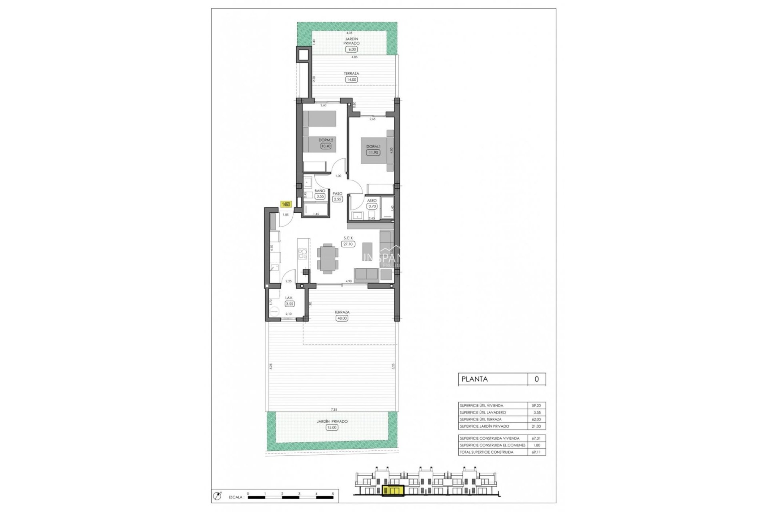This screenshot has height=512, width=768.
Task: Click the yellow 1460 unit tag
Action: (286, 204)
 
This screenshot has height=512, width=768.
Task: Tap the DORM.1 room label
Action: (373, 146)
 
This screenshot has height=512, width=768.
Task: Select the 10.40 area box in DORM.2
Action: (326, 146)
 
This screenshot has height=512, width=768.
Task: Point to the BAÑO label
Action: (320, 191)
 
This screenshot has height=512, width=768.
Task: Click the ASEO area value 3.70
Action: (372, 206)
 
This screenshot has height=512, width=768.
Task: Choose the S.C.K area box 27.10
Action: (348, 244)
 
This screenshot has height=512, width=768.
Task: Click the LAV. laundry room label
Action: (289, 298)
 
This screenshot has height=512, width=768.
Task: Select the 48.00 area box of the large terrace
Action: (342, 318)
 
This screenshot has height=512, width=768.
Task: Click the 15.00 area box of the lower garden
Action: (332, 427)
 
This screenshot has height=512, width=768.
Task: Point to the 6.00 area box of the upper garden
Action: (352, 49)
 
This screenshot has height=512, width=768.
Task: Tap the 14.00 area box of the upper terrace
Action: (351, 80)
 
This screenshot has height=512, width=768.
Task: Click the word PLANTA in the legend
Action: (474, 379)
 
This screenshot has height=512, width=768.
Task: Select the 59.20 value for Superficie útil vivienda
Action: (536, 406)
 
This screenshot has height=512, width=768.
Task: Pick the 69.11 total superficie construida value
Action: (536, 452)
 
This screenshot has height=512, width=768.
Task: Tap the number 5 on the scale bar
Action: (333, 494)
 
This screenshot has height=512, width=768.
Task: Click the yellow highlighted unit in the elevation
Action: (392, 490)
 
